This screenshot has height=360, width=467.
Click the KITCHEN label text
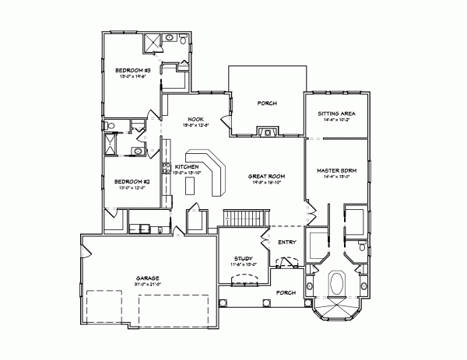188,167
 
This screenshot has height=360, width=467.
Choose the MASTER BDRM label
335,170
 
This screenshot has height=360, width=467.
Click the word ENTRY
286,243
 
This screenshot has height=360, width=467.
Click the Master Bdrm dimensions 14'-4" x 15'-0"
335,177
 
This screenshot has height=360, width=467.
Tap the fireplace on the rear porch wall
267,133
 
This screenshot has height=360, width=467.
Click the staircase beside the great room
244,217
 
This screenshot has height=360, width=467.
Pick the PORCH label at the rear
267,103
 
